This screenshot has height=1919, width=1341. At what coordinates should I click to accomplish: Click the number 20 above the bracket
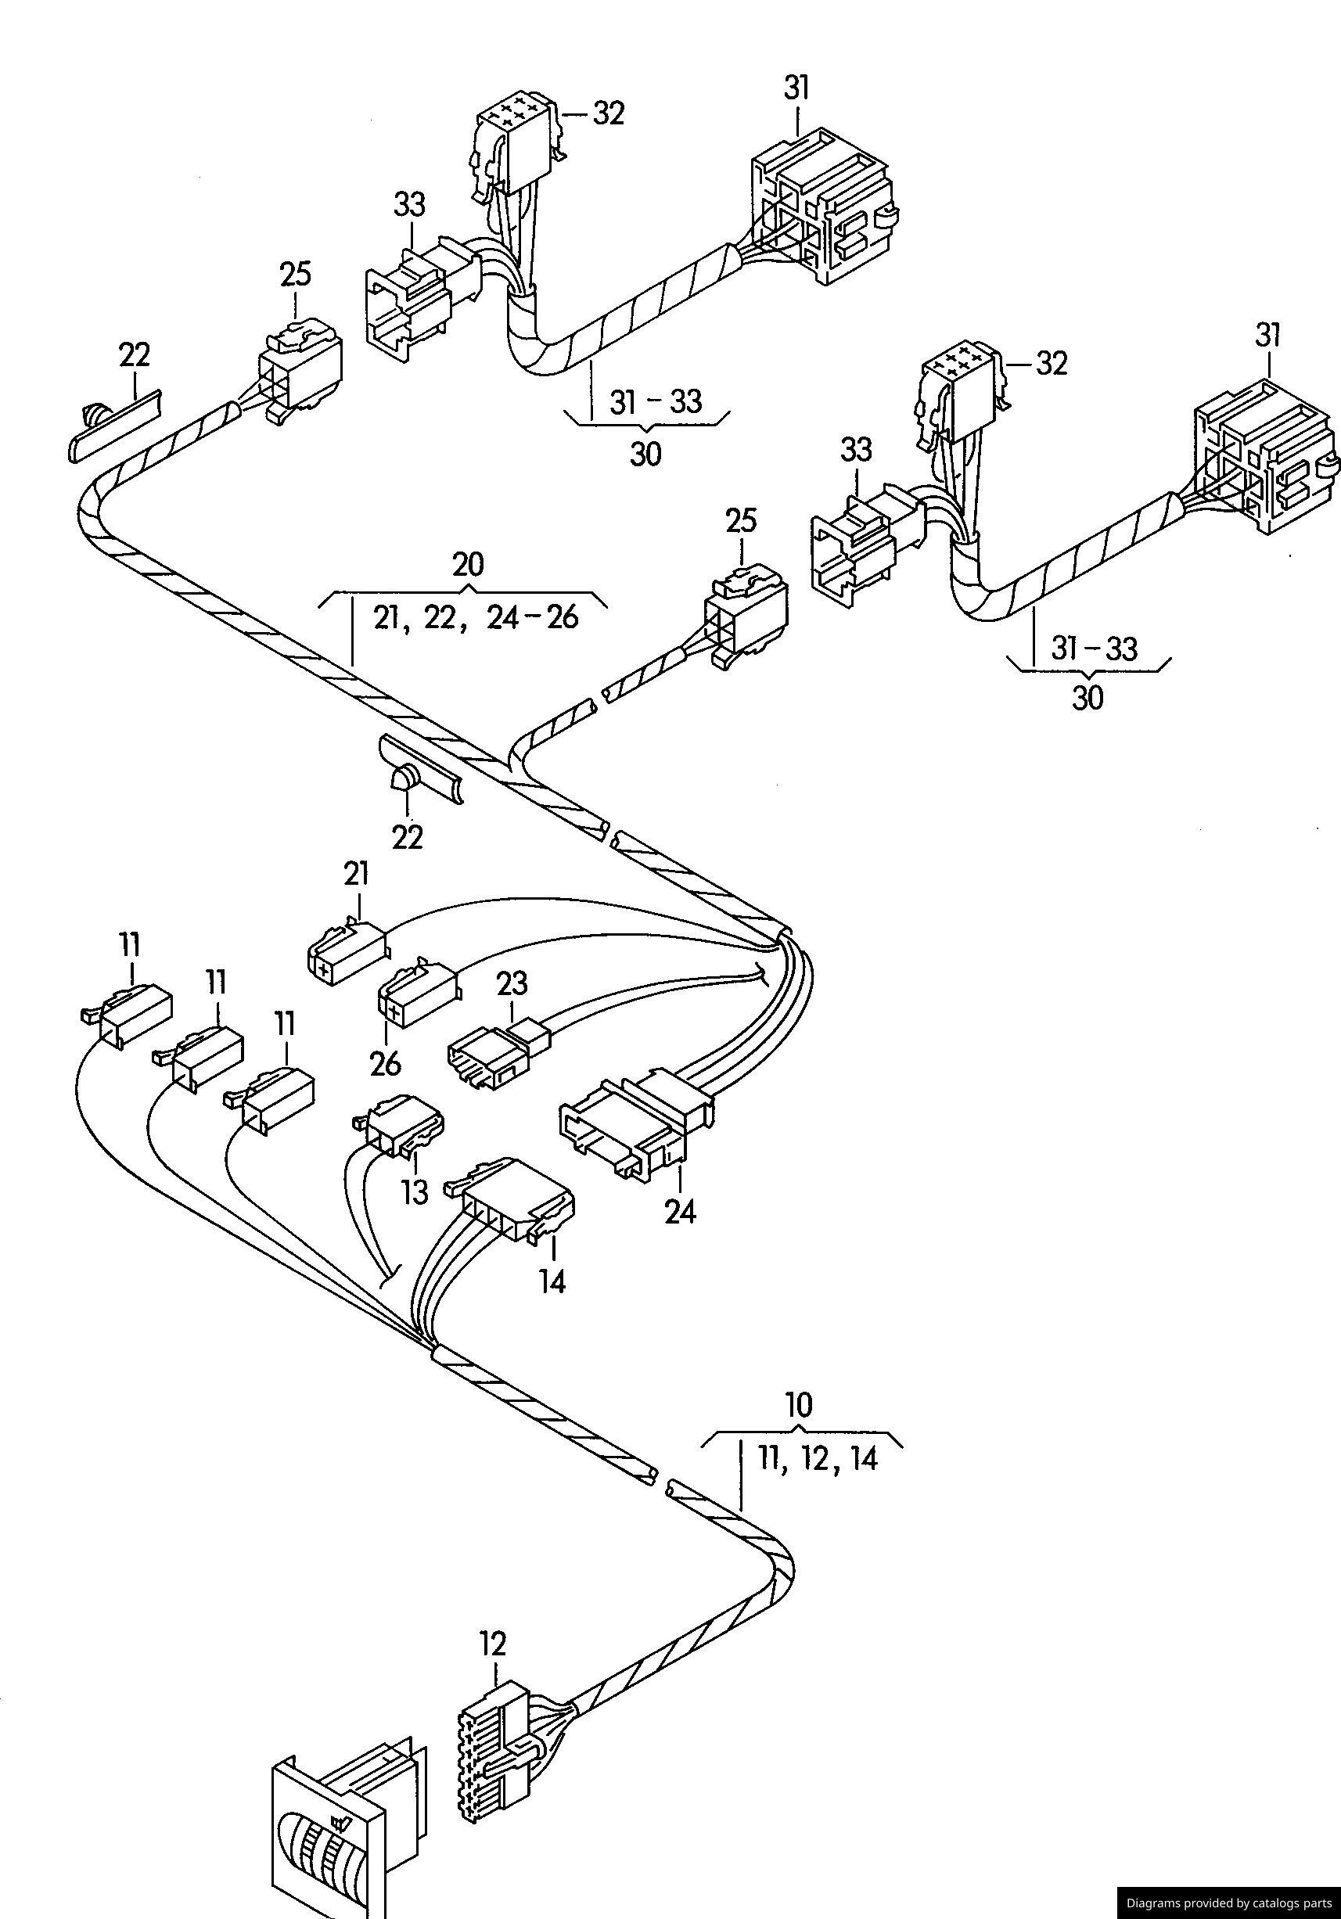pyautogui.click(x=467, y=565)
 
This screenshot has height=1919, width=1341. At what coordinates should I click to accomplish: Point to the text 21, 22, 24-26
pyautogui.click(x=476, y=618)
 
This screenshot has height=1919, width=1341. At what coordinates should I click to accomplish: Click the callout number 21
pyautogui.click(x=356, y=875)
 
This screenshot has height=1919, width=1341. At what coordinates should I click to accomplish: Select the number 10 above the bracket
pyautogui.click(x=800, y=1405)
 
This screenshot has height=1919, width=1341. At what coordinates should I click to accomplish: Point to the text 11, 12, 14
pyautogui.click(x=818, y=1458)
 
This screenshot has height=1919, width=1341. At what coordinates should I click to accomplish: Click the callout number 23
pyautogui.click(x=512, y=983)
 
